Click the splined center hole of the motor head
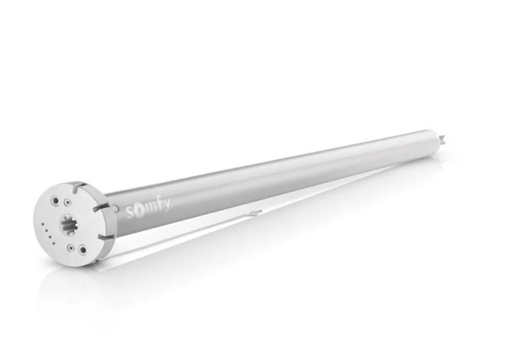(x=69, y=226)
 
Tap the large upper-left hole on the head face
(x=54, y=201)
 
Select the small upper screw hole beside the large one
(x=67, y=202)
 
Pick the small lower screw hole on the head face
(x=70, y=248)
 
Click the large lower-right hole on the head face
(x=83, y=250)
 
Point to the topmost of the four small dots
(x=42, y=224)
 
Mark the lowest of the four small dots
(x=53, y=243)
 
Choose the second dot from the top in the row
(x=46, y=231)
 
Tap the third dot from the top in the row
(x=50, y=236)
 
